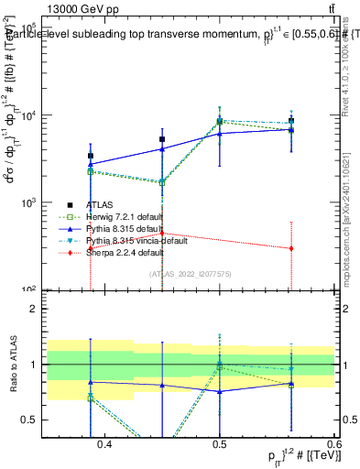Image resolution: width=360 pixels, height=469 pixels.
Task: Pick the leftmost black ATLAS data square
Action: pos(90,156)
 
